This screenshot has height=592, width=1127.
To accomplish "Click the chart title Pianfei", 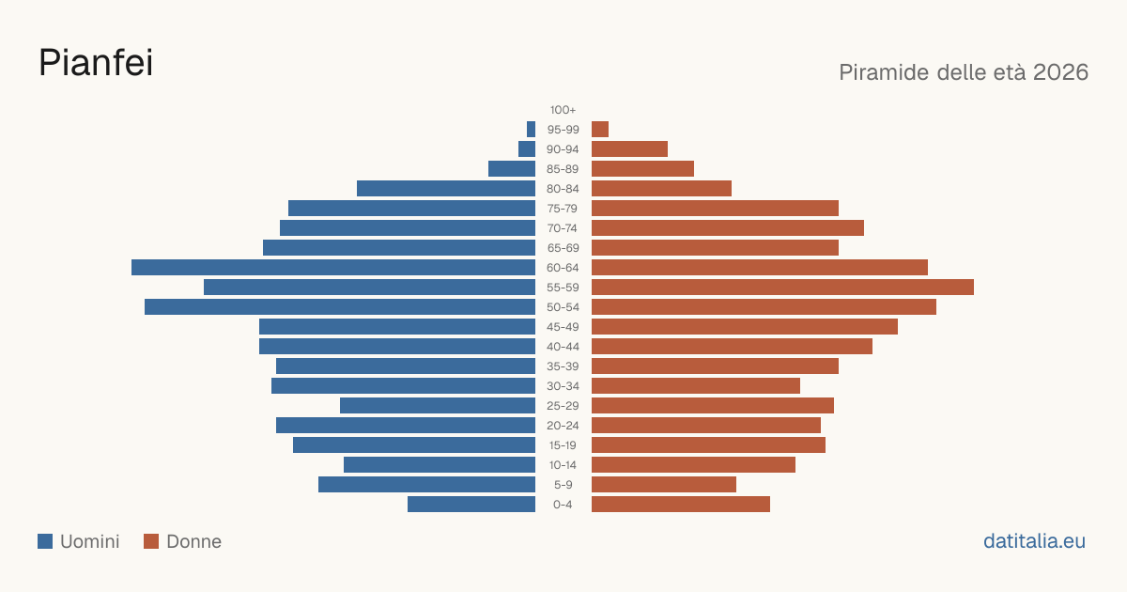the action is click(96, 62).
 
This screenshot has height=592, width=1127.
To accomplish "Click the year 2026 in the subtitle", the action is click(1060, 72).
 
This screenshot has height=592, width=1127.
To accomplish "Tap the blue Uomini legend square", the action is click(45, 541).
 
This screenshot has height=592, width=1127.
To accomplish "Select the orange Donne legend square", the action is click(151, 541).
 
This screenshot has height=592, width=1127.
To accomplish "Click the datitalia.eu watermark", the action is click(1034, 541).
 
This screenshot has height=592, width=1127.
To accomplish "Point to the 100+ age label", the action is click(563, 110).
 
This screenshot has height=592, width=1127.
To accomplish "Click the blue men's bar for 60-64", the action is click(333, 267).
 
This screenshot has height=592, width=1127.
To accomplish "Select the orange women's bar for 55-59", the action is click(782, 287).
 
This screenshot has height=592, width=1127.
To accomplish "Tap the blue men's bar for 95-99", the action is click(531, 130).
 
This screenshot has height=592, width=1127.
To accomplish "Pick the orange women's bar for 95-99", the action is click(600, 130).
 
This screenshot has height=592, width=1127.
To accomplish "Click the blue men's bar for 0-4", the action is click(471, 505).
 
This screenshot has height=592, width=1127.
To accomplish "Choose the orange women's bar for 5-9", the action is click(664, 485).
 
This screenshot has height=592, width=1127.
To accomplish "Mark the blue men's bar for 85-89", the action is click(512, 168).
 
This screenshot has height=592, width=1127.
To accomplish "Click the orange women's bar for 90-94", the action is click(629, 149).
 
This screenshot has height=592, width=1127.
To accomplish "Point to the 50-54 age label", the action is click(563, 307).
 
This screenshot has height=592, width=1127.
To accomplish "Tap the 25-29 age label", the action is click(563, 406).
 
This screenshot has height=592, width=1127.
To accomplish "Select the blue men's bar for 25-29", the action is click(438, 406).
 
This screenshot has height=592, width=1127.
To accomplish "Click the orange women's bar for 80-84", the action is click(661, 188).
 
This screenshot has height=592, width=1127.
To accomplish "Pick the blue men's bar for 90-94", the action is click(527, 149).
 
